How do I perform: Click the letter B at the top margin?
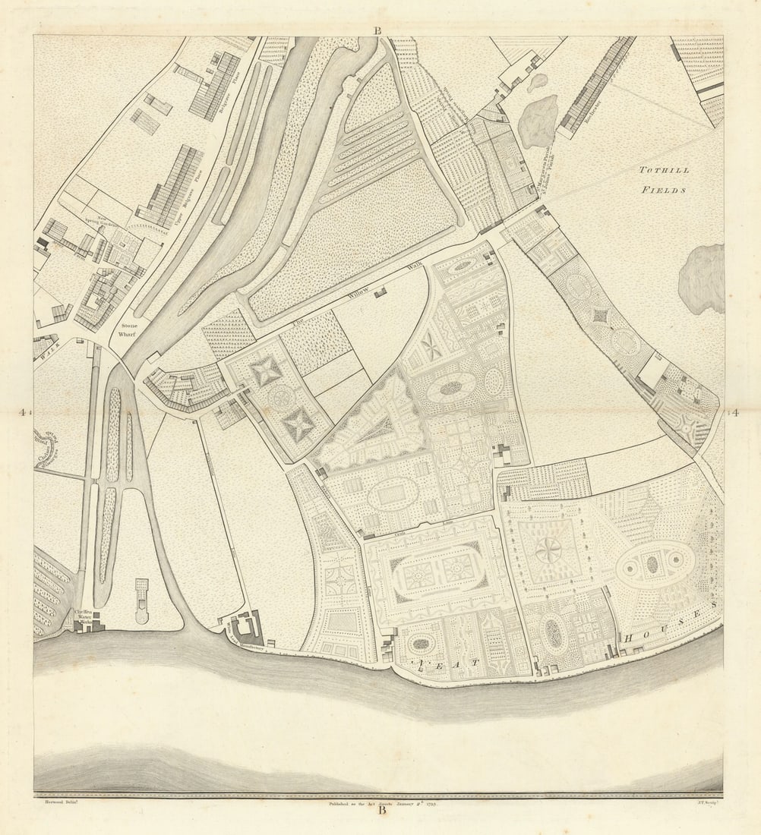(x=377, y=30)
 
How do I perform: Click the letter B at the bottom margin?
(x=381, y=810)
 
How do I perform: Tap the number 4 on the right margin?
(x=734, y=413)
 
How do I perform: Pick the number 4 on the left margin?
(x=24, y=413)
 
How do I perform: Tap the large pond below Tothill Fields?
(x=701, y=279)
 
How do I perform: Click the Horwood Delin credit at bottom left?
(x=57, y=799)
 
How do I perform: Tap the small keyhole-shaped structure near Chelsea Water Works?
(x=142, y=600)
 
